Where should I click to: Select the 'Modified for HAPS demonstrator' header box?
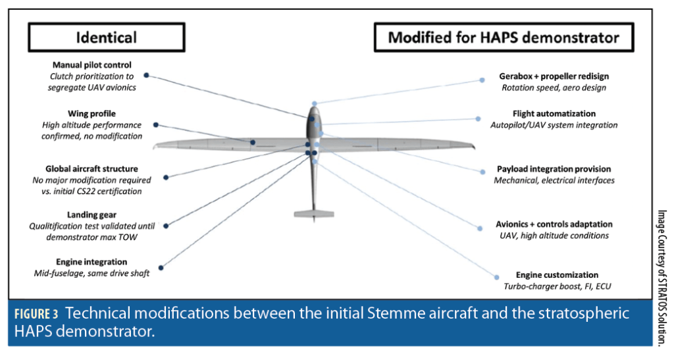(503, 37)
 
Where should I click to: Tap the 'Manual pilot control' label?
(92, 65)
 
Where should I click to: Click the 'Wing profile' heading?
(91, 114)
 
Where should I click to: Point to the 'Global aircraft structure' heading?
(92, 169)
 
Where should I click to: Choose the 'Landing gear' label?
(91, 215)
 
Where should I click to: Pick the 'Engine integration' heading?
(91, 262)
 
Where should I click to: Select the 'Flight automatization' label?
(554, 114)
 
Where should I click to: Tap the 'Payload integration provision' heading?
(554, 169)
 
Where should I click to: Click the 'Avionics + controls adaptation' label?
(554, 224)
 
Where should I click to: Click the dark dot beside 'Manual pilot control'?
(146, 75)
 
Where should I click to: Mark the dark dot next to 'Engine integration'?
(161, 267)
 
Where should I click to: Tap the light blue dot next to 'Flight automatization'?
(478, 119)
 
